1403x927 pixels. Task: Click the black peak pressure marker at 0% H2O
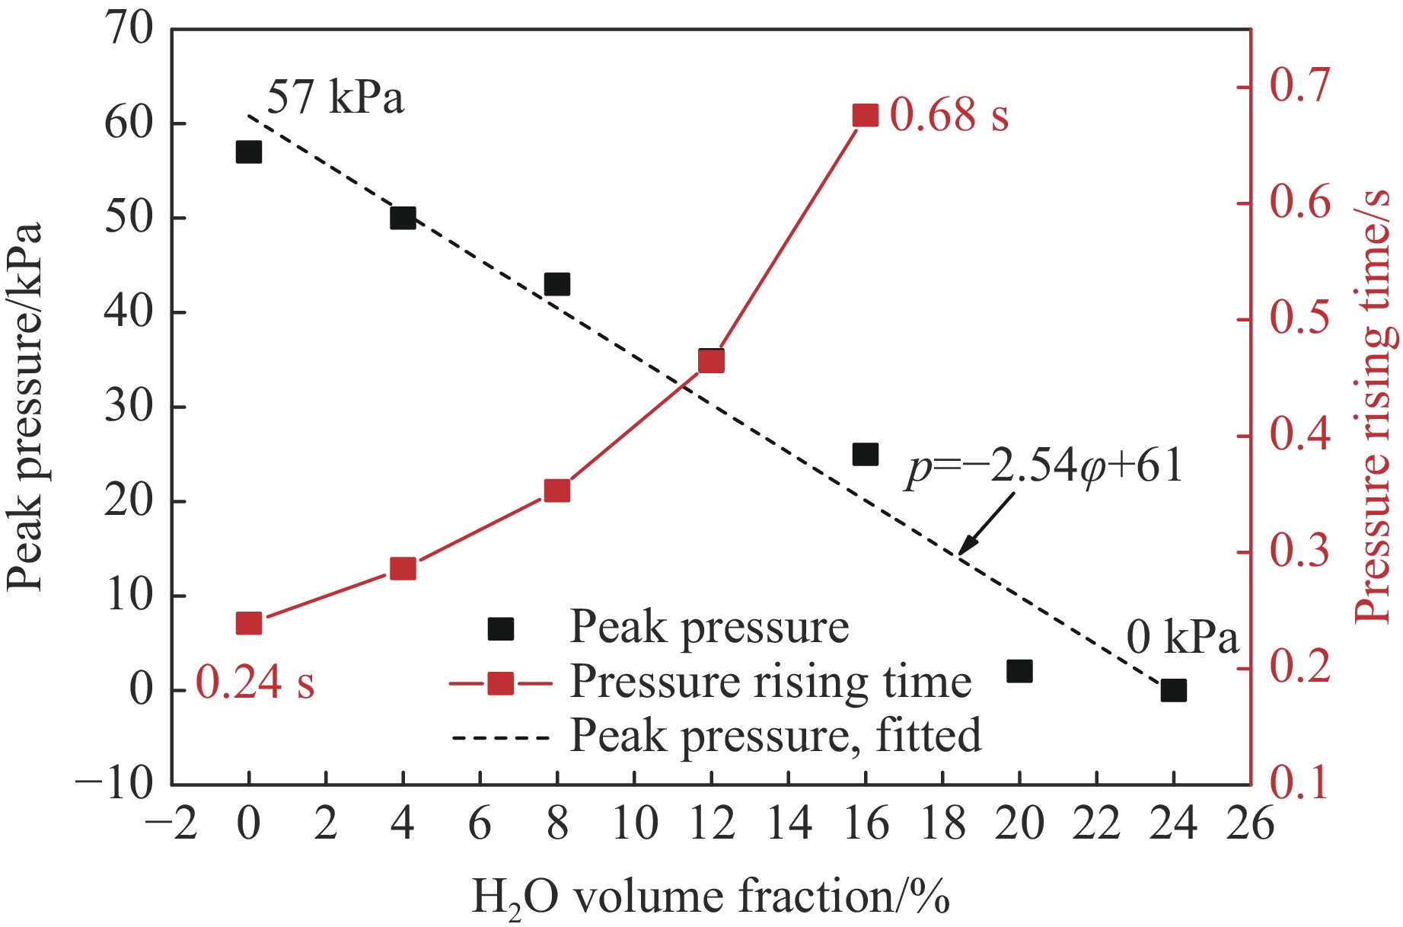[x=248, y=152]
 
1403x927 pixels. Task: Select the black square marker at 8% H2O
[x=557, y=284]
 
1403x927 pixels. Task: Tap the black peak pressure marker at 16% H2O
[x=866, y=455]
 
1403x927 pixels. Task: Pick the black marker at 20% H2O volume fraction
[x=1019, y=671]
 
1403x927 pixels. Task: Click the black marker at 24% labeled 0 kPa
[x=1174, y=690]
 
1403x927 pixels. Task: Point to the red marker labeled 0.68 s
[x=866, y=116]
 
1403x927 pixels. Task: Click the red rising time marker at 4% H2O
[x=403, y=568]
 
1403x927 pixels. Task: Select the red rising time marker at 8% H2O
[x=557, y=491]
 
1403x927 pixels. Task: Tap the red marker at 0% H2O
[x=248, y=623]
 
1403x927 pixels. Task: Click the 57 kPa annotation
[x=335, y=97]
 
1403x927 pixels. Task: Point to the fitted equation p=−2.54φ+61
[x=1044, y=465]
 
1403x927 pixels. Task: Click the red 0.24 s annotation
[x=255, y=682]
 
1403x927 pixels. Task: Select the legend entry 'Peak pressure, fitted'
[x=775, y=736]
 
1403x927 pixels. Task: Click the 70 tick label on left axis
[x=129, y=30]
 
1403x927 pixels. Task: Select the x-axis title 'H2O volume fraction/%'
[x=710, y=897]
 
